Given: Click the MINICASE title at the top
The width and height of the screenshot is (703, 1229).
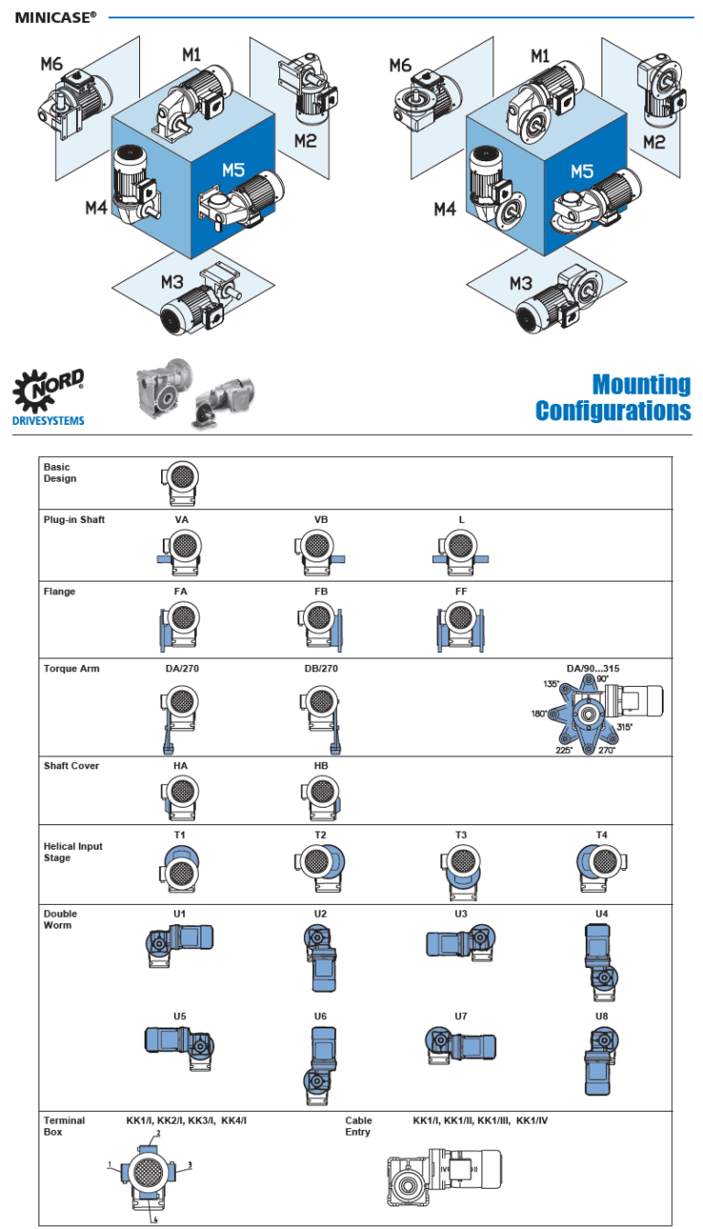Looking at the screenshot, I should (x=55, y=16).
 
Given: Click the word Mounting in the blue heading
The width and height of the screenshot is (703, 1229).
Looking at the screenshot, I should (x=641, y=385).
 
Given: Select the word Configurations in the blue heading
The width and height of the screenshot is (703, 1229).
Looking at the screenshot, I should (x=613, y=411).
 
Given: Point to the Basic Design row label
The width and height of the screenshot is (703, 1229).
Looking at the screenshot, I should (x=60, y=473).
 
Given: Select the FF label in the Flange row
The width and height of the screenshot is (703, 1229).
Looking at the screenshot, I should (x=461, y=592).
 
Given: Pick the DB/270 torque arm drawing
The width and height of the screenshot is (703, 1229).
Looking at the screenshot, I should (x=321, y=715).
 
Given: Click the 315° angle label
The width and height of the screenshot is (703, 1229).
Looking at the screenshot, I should (x=625, y=726).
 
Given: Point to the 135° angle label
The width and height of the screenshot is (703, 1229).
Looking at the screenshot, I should (x=551, y=684).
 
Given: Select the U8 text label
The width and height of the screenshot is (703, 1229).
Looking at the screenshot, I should (x=601, y=1016).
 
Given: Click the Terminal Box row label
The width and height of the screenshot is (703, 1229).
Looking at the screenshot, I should (x=64, y=1126).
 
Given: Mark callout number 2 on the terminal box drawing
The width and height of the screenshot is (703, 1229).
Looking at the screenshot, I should (x=158, y=1133).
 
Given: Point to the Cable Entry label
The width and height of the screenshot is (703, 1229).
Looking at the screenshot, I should (x=359, y=1126).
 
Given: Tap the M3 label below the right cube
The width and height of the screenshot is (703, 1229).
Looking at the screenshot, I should (x=521, y=283).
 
